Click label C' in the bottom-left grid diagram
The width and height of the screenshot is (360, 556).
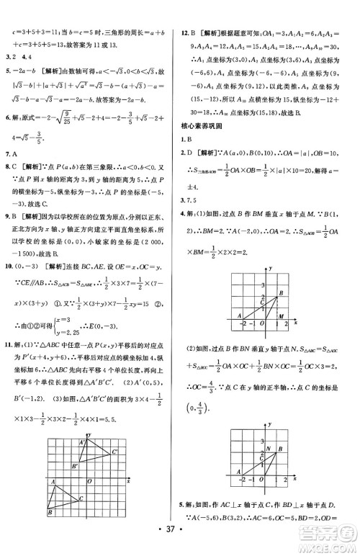point(115,452)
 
